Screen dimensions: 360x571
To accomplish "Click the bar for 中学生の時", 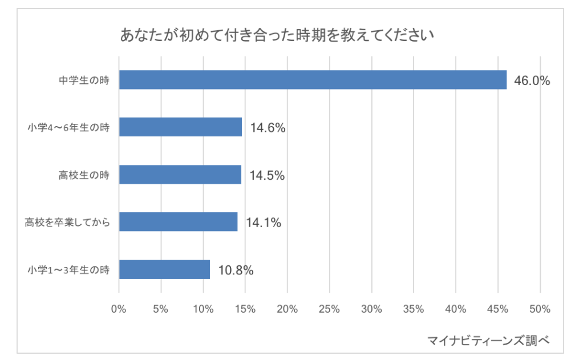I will [x=313, y=80].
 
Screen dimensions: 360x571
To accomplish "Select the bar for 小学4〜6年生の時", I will [x=180, y=127].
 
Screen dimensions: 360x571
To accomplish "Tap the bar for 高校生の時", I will [x=180, y=175].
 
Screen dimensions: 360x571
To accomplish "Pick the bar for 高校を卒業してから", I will [x=178, y=222].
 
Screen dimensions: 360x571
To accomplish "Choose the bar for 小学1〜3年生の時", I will [x=164, y=269].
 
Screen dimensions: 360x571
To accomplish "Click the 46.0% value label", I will [x=532, y=81].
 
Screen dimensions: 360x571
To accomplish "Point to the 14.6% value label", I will [x=268, y=128].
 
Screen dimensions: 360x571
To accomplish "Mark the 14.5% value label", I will [x=267, y=176].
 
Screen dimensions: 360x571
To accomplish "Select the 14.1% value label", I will [x=264, y=223].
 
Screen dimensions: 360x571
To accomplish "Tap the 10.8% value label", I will [x=236, y=270].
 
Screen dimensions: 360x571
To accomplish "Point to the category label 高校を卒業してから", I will [x=67, y=223].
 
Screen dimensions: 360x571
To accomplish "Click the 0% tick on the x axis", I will [x=119, y=309].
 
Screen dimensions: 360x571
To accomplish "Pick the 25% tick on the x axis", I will [x=329, y=309].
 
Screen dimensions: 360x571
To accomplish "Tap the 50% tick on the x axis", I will [x=540, y=309].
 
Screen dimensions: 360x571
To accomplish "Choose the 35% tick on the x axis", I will [x=414, y=309].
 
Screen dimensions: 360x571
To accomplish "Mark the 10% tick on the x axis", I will [x=203, y=309].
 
